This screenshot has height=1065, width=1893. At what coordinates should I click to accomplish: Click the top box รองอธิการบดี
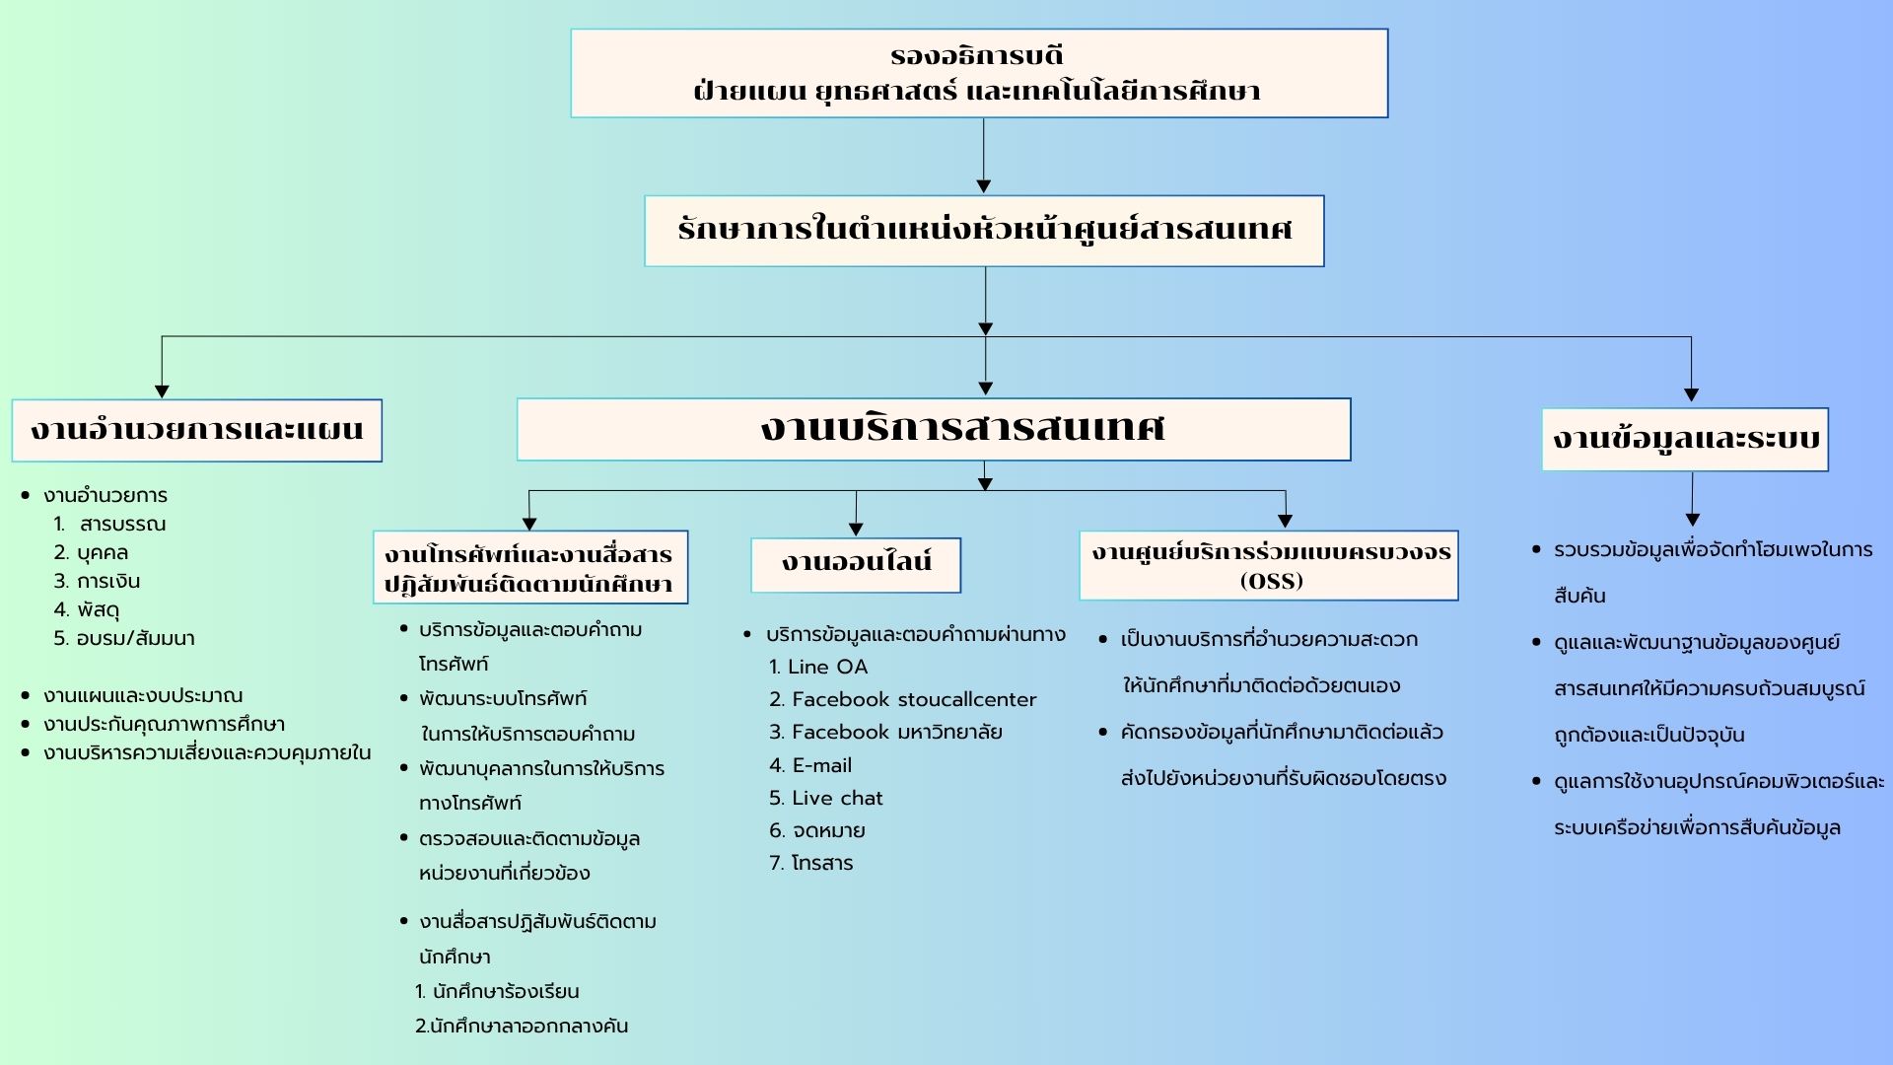point(979,73)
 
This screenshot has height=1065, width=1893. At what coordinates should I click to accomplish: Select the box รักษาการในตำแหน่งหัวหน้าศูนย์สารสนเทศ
point(984,231)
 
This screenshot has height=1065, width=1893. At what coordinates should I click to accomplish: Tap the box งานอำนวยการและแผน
point(197,430)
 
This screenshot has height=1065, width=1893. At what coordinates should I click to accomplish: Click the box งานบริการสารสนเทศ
point(934,429)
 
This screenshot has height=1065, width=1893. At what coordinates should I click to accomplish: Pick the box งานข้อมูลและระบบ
point(1685,439)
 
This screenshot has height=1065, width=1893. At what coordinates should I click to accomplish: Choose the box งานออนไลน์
point(856,564)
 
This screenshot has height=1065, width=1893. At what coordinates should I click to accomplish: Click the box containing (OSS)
point(1269,565)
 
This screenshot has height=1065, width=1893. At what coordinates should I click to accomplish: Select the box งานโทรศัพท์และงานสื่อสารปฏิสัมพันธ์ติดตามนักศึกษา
point(529,567)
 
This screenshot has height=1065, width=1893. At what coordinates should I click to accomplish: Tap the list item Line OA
point(818,667)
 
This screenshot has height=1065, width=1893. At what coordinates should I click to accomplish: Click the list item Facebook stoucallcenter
point(903,699)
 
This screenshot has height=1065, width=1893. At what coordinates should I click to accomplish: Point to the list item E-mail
point(810,765)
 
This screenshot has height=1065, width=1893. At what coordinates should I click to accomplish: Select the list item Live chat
point(826,798)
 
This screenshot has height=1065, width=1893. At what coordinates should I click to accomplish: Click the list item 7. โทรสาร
point(811,863)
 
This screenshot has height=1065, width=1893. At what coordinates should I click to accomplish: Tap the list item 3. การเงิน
point(97,581)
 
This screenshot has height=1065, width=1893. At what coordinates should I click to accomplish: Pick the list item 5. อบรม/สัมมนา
point(124,638)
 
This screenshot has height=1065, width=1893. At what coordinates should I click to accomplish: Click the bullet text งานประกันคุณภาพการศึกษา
point(164,724)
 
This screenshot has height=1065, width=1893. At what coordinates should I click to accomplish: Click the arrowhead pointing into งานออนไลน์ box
point(856,529)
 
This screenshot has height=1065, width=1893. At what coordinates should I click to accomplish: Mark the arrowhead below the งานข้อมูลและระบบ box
point(1693,520)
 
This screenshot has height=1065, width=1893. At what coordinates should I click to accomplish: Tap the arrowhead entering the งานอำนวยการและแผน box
point(162,391)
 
